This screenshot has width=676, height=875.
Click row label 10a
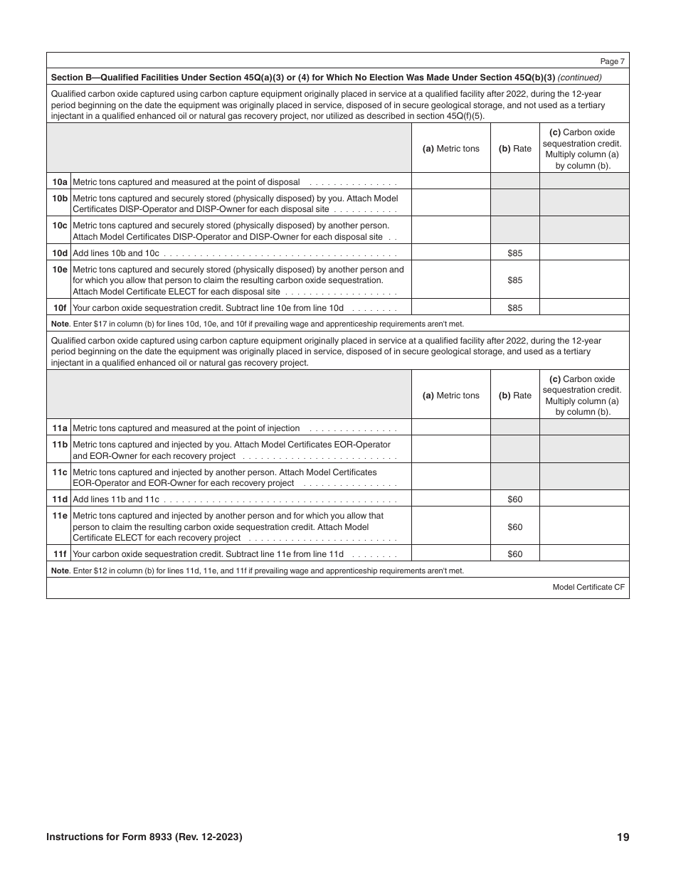[x=60, y=181]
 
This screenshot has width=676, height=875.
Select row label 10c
[x=60, y=226]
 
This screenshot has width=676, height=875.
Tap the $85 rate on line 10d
[x=514, y=253]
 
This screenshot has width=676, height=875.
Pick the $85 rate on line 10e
[x=514, y=280]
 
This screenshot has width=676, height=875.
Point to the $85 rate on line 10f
[x=514, y=308]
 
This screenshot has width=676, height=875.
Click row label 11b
[x=60, y=445]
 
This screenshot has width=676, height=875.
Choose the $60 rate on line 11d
[x=514, y=499]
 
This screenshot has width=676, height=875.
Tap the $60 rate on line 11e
[x=514, y=527]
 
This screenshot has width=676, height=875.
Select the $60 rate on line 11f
[x=514, y=554]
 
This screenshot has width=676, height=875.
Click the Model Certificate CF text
[x=588, y=588]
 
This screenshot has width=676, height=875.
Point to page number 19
[x=623, y=837]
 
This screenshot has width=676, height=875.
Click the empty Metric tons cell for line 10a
[x=450, y=181]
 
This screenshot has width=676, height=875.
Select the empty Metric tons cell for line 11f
[x=450, y=554]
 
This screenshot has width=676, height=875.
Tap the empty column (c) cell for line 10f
[x=584, y=308]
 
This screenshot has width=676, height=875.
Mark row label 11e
[x=60, y=516]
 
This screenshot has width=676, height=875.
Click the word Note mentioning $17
[x=60, y=324]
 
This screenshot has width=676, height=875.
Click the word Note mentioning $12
[x=60, y=571]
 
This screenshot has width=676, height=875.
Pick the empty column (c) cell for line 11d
[x=584, y=499]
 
